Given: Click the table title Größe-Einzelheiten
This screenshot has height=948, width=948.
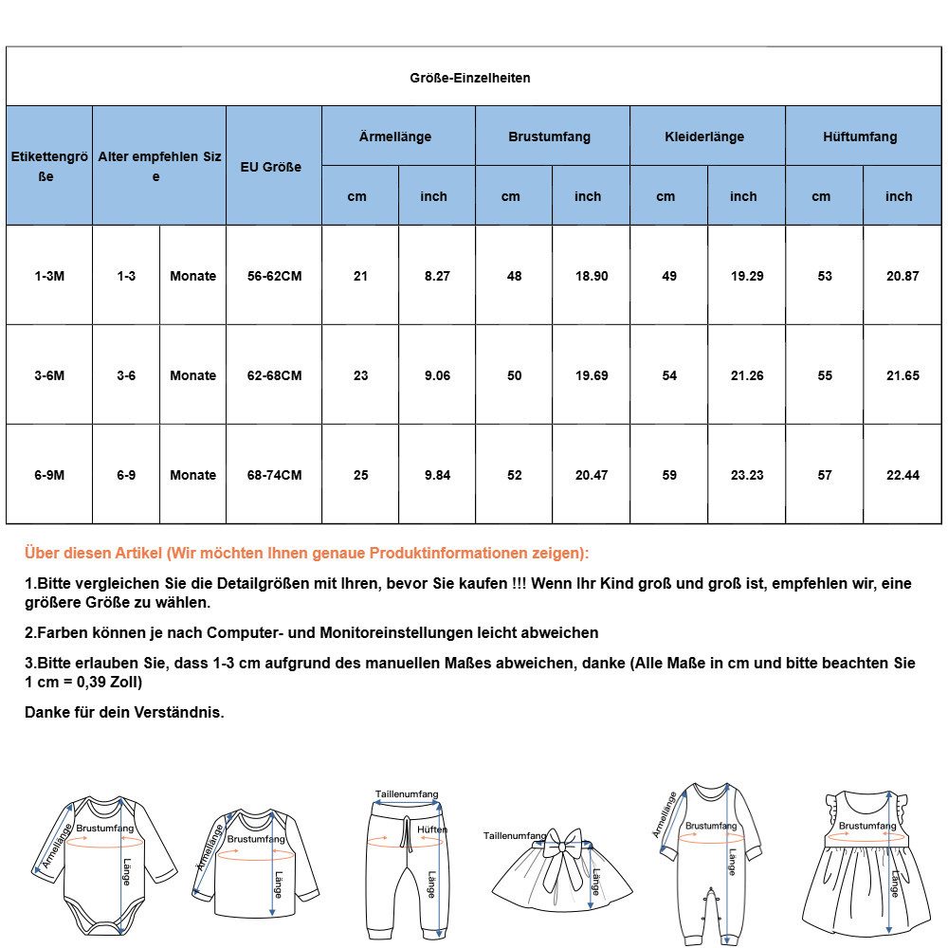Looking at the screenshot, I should coord(469,78).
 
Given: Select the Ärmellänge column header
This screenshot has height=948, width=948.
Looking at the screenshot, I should coord(395,137).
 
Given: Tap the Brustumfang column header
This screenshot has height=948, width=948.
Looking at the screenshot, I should coord(549,137).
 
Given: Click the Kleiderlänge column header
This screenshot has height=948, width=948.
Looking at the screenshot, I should coord(704,137).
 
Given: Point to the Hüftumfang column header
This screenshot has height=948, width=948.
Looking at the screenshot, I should coord(860,137).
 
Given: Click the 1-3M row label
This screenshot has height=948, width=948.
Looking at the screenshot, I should coord(49,276).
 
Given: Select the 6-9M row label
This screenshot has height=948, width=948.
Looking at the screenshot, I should coord(49,475).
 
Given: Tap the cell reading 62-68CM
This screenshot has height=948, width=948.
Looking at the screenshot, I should coord(274,375).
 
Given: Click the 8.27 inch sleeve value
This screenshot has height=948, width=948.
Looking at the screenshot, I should coord(437,276).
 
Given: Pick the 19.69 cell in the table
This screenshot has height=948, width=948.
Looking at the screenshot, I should coord(592,375).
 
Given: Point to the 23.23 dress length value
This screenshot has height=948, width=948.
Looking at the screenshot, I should coord(747,475).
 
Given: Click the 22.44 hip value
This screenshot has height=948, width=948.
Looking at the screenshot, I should coord(902,475).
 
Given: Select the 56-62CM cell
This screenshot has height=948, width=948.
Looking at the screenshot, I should coord(274,276).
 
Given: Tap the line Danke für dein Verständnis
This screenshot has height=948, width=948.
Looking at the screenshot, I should coord(124,712).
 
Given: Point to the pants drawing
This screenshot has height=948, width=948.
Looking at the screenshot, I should coord(406,867).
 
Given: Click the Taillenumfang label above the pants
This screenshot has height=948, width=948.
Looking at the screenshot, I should coord(407,794).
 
